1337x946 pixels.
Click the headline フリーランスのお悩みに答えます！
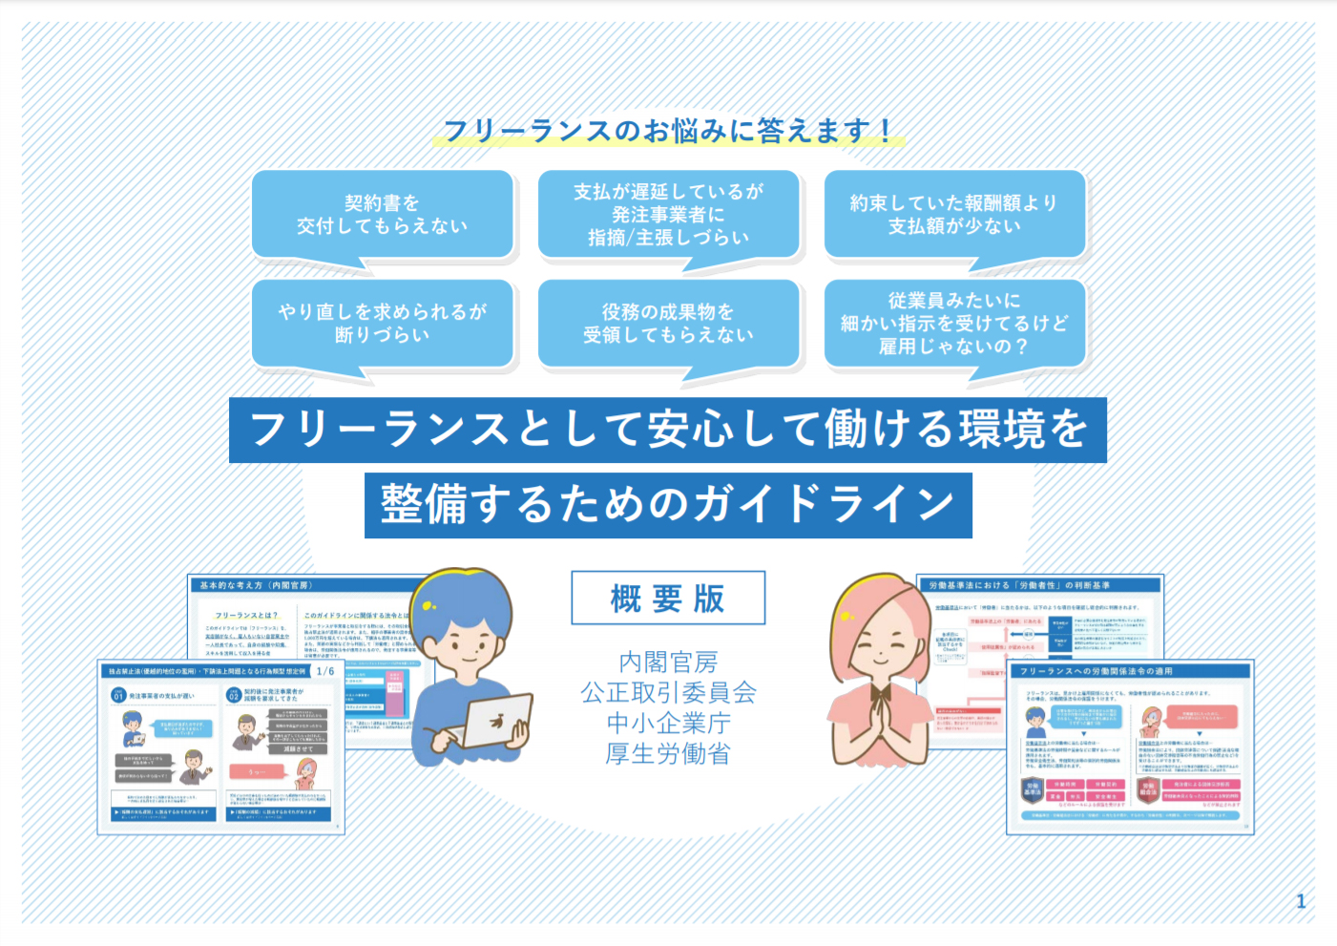pos(668,130)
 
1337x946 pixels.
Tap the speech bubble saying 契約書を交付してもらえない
pos(382,215)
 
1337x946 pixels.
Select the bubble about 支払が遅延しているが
pos(668,215)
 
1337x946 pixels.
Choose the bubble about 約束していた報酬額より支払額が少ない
pos(954,215)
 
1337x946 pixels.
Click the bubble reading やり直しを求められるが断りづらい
pos(382,323)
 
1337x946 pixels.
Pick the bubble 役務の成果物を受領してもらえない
pos(668,323)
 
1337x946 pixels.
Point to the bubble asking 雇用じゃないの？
pos(954,324)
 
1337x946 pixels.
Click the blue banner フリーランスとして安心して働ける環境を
pos(668,430)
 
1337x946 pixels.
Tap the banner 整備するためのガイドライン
pos(668,505)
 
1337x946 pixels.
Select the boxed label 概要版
pos(668,599)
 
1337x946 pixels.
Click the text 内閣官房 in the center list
pos(668,662)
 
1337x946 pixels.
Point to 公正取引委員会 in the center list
pos(668,692)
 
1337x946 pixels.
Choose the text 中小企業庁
pos(668,723)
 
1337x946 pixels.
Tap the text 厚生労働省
pos(668,753)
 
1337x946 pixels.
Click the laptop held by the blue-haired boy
pos(496,721)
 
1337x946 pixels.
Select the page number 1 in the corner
pos(1301,901)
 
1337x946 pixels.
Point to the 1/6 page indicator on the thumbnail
pos(325,671)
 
